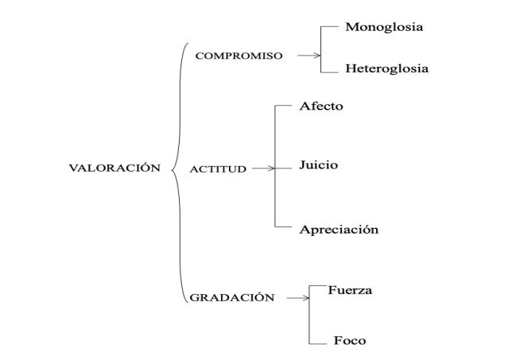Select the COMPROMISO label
[239, 56]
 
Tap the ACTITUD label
[219, 169]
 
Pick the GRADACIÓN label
[232, 298]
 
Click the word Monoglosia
[384, 27]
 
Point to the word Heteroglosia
[386, 68]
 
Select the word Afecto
[321, 106]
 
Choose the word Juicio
[319, 165]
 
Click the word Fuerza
[350, 290]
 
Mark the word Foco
[350, 341]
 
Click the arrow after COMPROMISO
[308, 56]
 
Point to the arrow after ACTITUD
[262, 168]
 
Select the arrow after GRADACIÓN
[297, 298]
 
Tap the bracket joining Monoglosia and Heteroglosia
[321, 48]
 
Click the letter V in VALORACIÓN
[74, 168]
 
